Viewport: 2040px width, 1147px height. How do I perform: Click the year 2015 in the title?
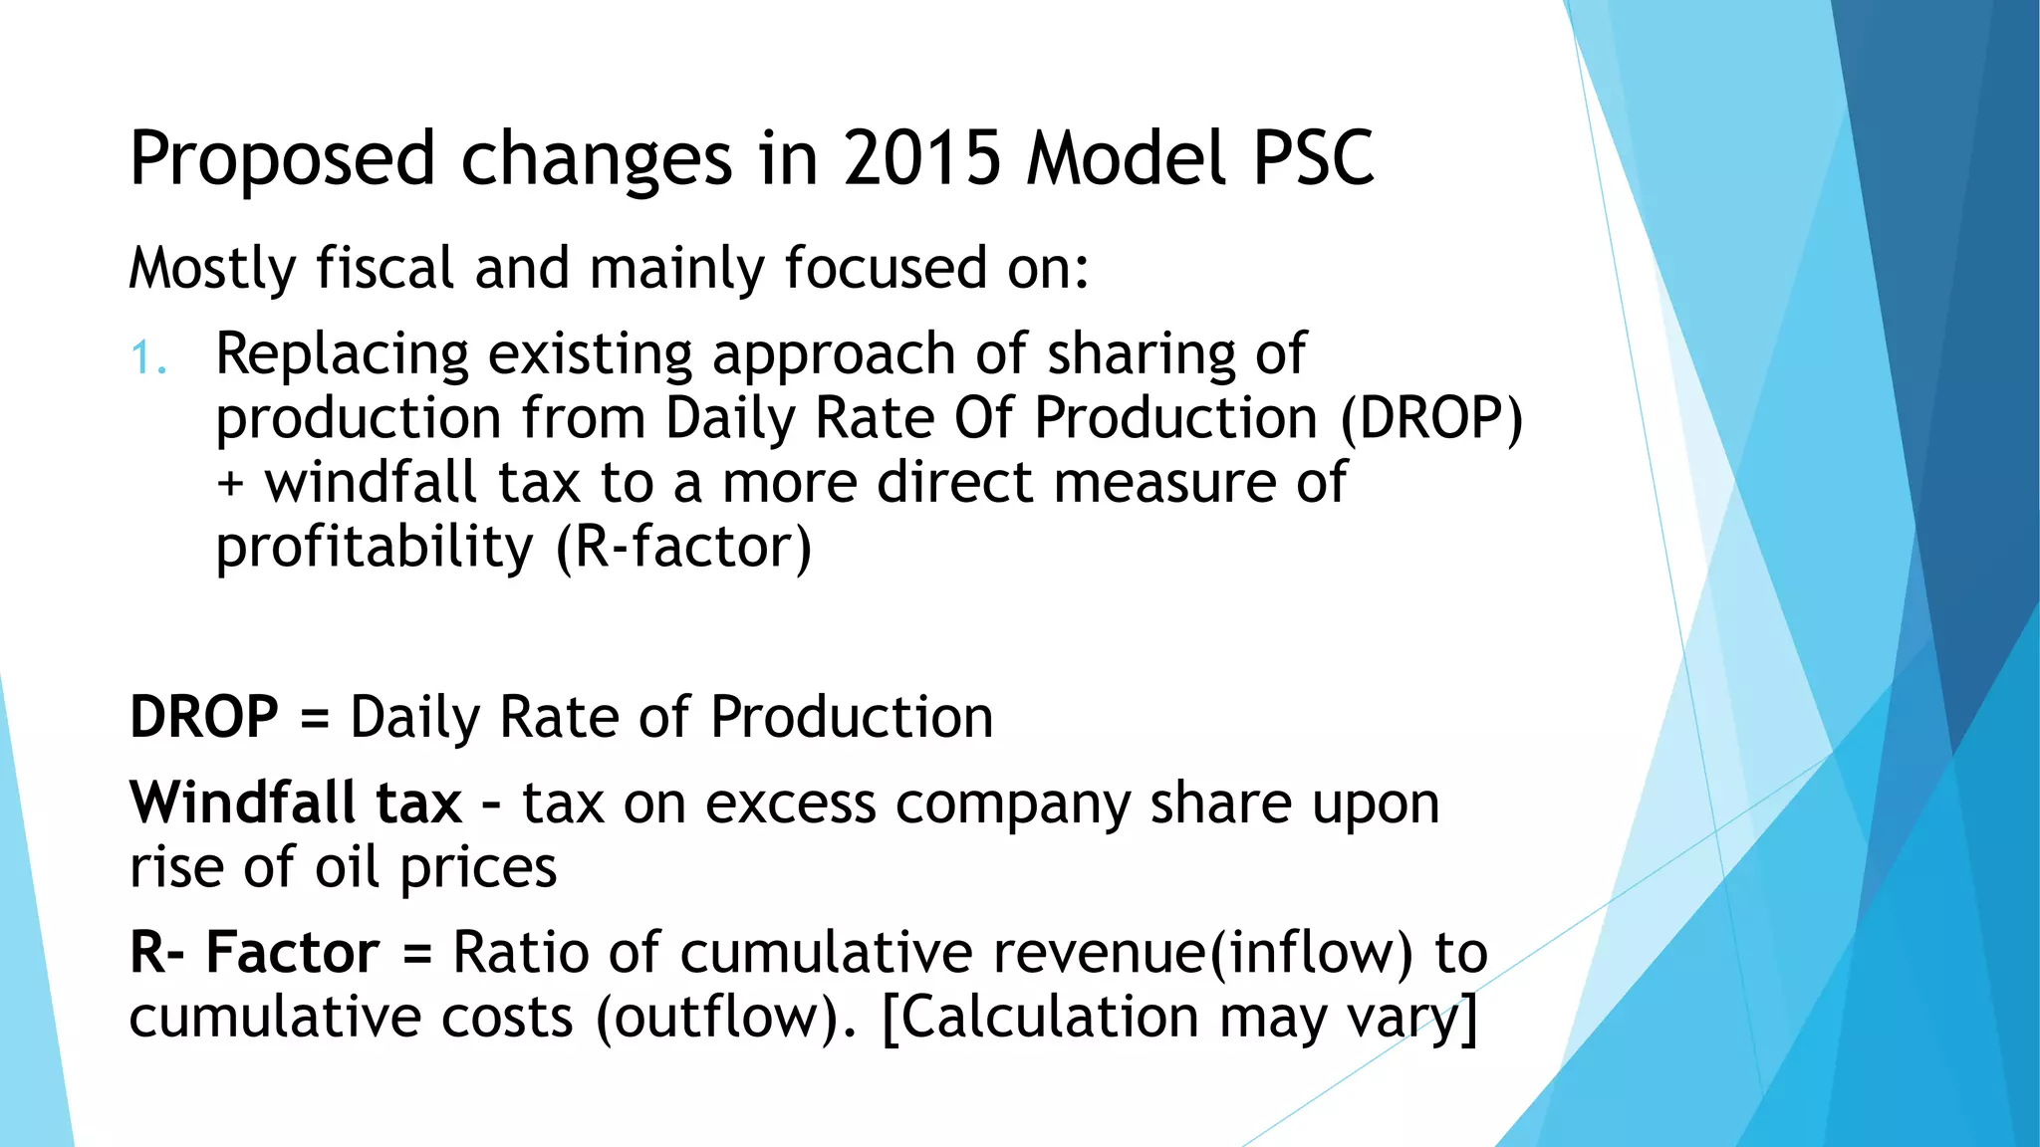[922, 158]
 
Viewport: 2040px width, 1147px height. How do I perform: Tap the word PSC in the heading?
[1313, 158]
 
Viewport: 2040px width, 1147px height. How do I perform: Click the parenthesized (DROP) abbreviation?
[1430, 418]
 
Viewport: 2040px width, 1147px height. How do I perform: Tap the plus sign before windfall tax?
[230, 484]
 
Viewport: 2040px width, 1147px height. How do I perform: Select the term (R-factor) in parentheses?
[683, 548]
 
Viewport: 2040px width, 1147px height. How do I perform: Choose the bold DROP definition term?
[204, 717]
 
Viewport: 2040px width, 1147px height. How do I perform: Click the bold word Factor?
[292, 952]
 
